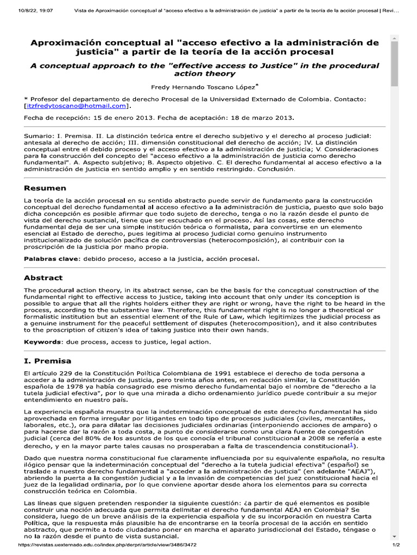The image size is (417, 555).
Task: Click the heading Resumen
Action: tap(45, 188)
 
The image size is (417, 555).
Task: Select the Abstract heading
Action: tap(43, 277)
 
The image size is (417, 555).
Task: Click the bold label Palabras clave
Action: tap(51, 259)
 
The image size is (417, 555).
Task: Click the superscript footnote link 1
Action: tap(351, 445)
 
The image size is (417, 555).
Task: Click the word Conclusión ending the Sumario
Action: tap(277, 169)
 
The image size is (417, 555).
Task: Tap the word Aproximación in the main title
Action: tap(67, 42)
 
